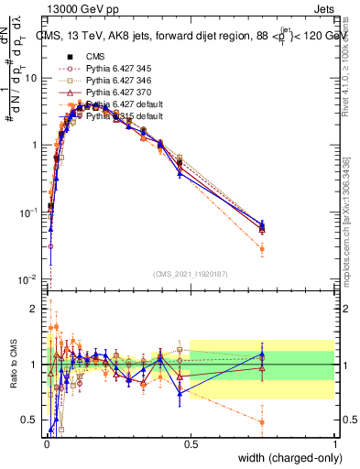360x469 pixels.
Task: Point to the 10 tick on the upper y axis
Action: pos(33,78)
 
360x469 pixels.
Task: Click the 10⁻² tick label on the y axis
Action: pos(30,278)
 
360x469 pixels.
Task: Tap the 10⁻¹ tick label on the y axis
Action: pos(30,212)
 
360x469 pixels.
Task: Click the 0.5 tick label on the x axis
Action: pos(191,442)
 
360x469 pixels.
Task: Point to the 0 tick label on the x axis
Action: pos(47,442)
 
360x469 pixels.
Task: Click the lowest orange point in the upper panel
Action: pos(262,249)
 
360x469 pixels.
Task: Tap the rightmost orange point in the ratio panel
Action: pos(262,422)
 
